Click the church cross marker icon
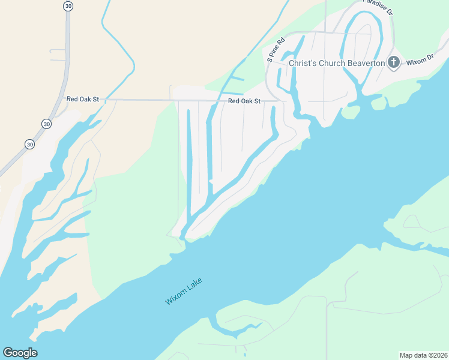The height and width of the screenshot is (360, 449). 393,62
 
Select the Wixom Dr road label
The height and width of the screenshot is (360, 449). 420,60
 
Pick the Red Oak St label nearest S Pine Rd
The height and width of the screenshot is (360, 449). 244,101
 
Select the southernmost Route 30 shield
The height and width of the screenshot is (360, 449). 30,144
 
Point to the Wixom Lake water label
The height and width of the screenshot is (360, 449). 184,291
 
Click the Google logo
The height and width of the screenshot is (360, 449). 20,353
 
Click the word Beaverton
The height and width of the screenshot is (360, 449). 363,62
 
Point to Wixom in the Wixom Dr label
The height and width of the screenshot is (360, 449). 416,61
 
